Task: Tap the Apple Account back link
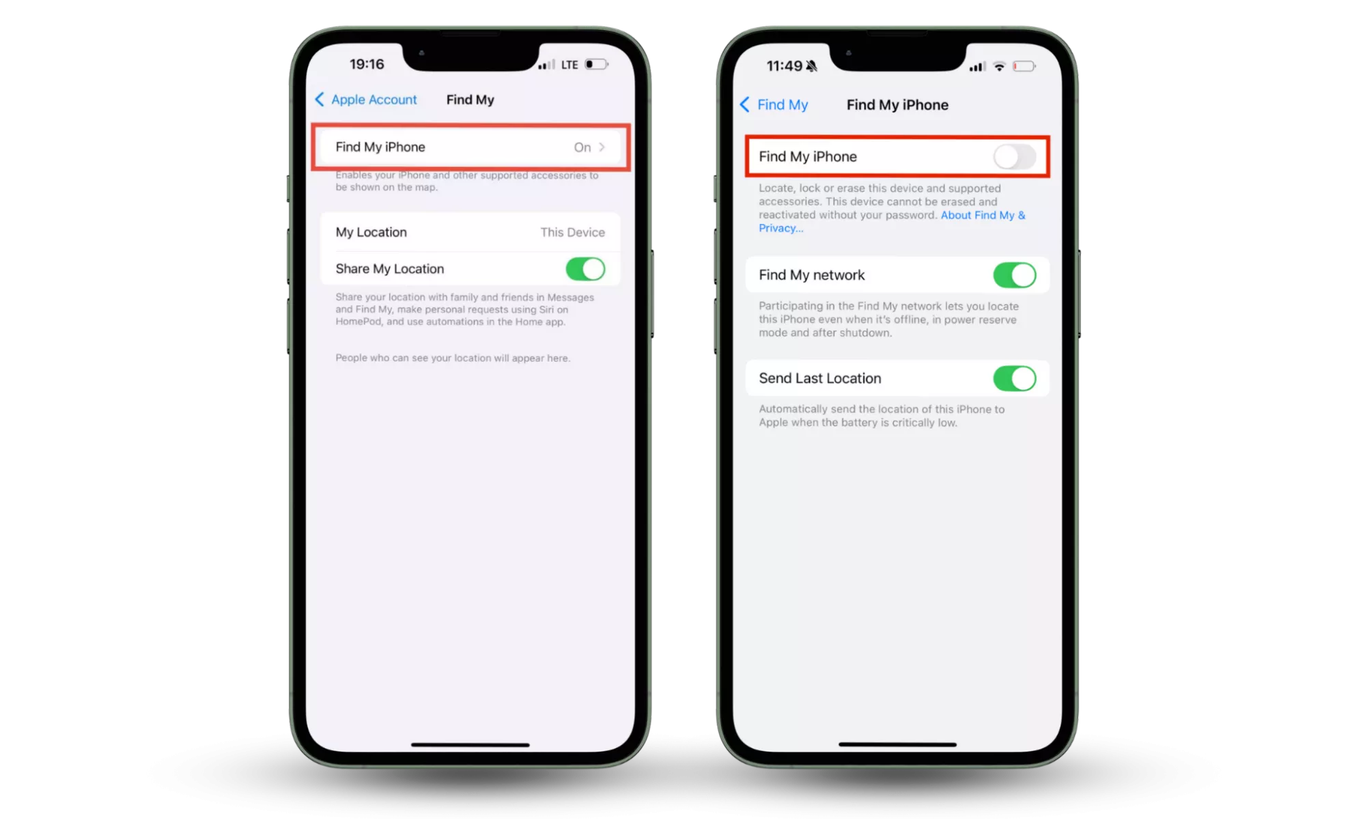366,100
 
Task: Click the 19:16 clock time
367,64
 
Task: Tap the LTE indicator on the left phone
569,65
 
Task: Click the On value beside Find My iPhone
582,147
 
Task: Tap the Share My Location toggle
585,269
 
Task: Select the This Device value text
572,232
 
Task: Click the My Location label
371,232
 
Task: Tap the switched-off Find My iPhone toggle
1014,157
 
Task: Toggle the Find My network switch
1014,275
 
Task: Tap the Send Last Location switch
1014,378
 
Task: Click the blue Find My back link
774,104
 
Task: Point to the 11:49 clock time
784,66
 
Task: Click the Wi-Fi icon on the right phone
999,66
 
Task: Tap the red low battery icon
1024,66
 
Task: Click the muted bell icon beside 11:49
811,66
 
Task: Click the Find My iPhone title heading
897,104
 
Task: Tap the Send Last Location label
819,378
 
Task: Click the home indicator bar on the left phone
470,745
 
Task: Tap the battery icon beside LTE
596,64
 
